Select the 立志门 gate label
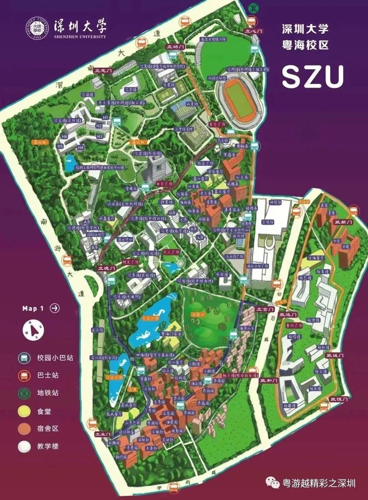(104, 71)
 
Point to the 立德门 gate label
(107, 268)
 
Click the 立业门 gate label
(103, 434)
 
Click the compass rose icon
(33, 330)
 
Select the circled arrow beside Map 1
(55, 308)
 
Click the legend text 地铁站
(48, 393)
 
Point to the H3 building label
(99, 136)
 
